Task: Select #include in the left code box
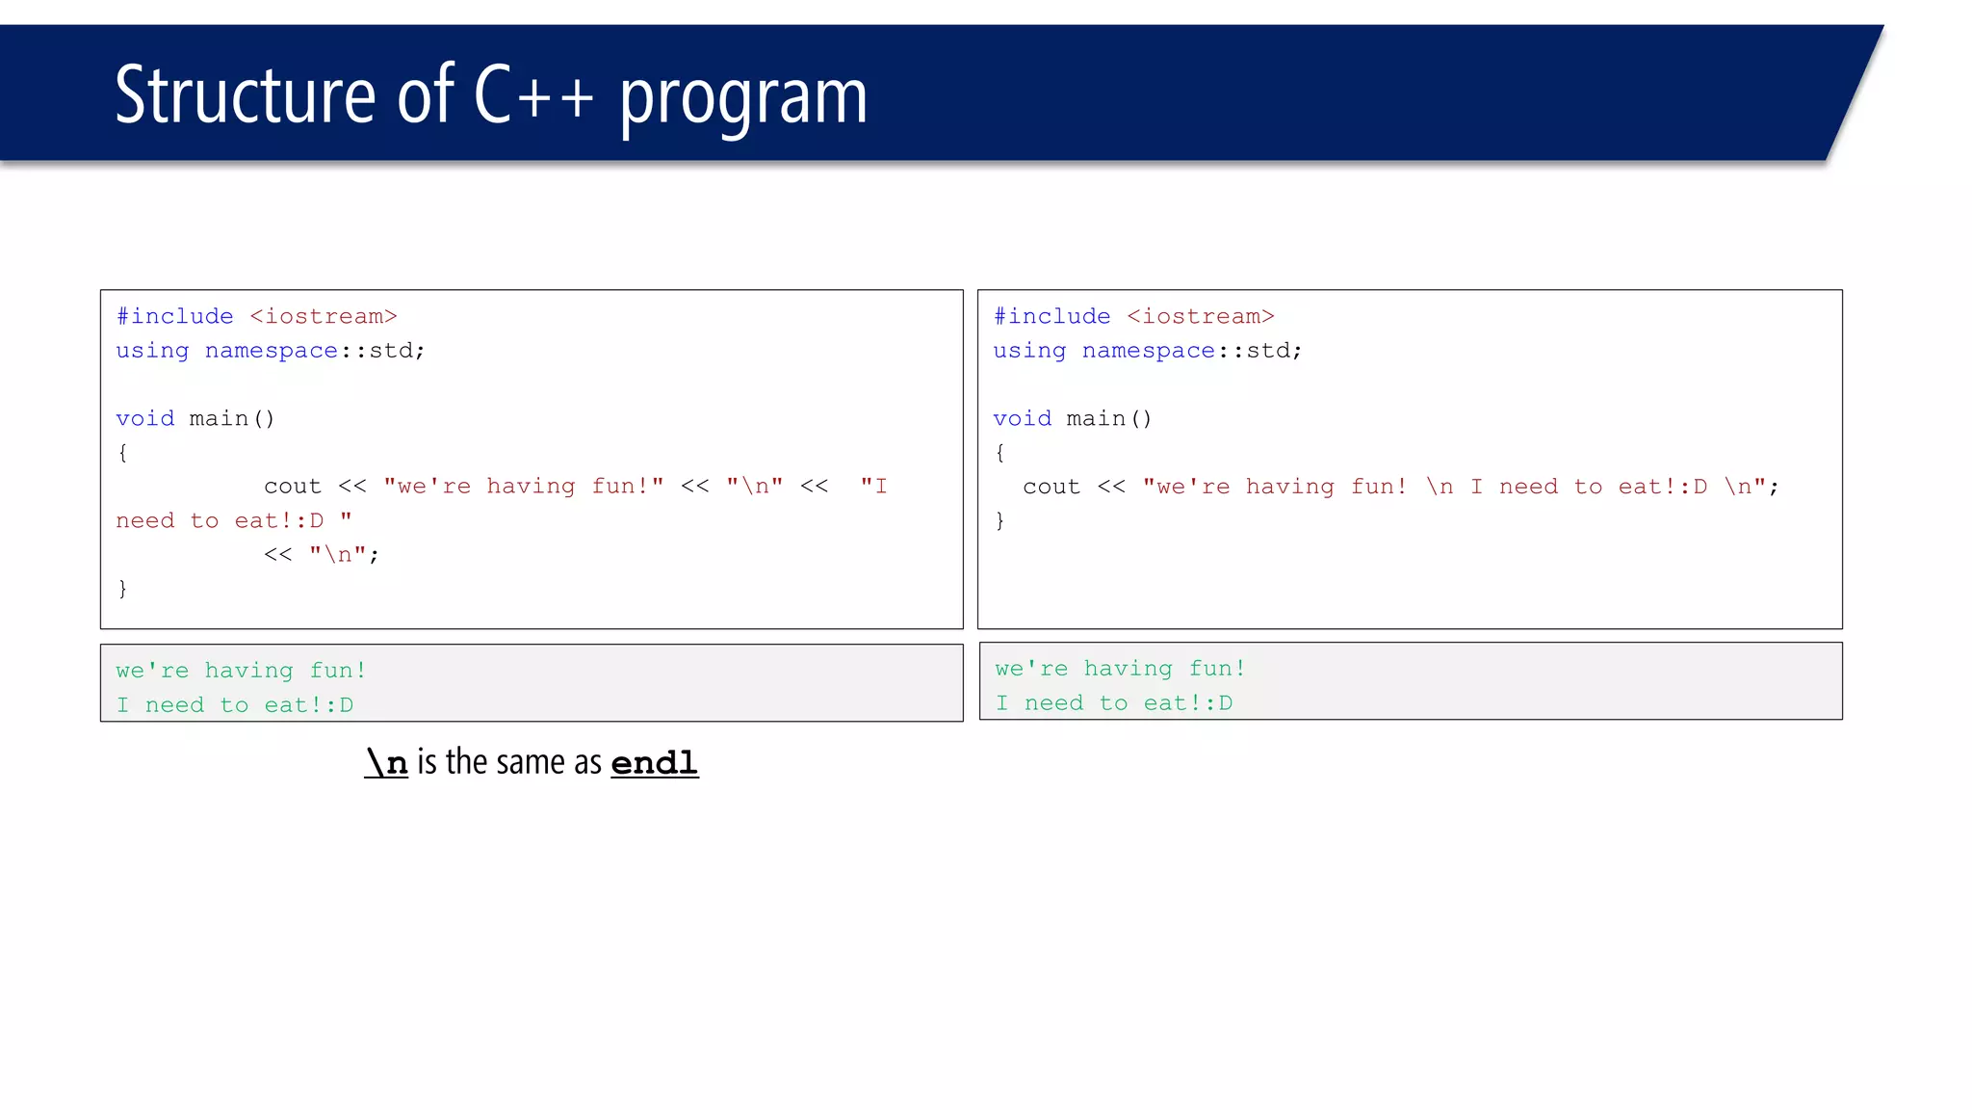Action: (174, 316)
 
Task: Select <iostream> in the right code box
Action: (1200, 316)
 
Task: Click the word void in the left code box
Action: (145, 418)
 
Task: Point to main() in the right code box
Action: (1108, 418)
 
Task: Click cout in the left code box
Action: (292, 487)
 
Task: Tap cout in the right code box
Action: (1051, 487)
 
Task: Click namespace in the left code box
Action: (272, 351)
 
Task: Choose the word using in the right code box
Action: (1029, 351)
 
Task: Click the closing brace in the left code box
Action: (122, 589)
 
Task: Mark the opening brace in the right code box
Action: (999, 453)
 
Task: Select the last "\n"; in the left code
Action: (344, 555)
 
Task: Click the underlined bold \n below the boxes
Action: (386, 763)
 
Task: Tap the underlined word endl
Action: (654, 763)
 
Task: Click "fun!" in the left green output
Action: (338, 671)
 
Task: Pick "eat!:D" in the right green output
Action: (1187, 703)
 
